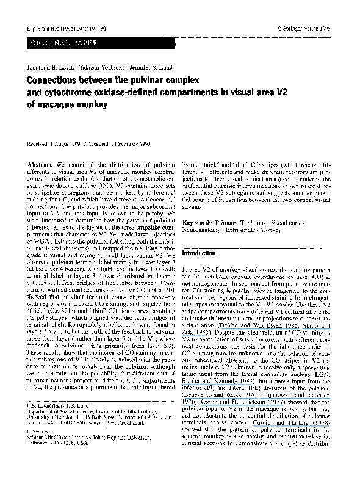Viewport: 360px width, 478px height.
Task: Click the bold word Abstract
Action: click(x=42, y=166)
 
